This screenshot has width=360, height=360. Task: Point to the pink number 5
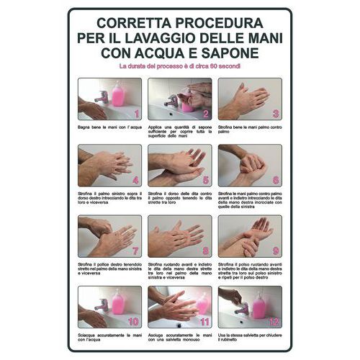point(205,181)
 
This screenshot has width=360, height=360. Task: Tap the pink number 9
point(276,251)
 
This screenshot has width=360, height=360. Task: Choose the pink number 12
point(274,322)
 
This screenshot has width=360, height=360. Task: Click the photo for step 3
point(250,99)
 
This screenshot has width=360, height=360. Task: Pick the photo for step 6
point(250,166)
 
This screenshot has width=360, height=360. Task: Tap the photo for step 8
point(179,236)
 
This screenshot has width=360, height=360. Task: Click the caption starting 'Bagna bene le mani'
point(109,127)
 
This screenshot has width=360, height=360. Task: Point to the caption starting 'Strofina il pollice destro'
point(109,270)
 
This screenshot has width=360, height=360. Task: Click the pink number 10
point(133,322)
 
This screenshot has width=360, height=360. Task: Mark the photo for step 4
point(109,166)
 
